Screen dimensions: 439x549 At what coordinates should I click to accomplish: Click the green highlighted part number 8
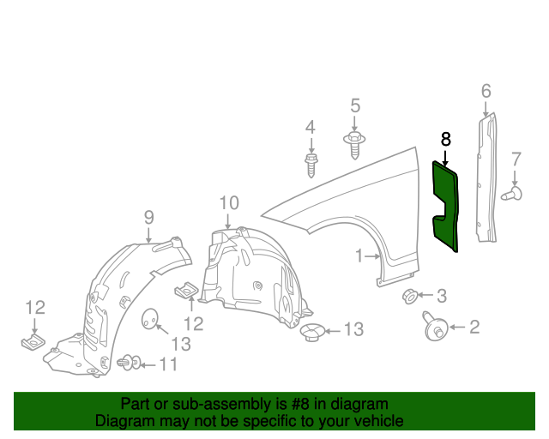[x=446, y=206]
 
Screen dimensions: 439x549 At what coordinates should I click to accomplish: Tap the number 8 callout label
[x=445, y=138]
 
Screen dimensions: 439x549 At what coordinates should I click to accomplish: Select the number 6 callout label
[x=486, y=91]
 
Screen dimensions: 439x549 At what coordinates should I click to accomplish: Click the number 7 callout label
[x=516, y=159]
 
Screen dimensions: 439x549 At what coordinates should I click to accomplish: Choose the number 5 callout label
[x=354, y=105]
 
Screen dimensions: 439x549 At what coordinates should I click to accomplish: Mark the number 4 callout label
[x=311, y=128]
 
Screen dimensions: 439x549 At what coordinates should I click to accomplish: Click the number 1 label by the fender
[x=361, y=256]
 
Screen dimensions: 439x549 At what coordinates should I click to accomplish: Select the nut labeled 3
[x=410, y=297]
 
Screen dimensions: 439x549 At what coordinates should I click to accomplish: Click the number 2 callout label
[x=474, y=326]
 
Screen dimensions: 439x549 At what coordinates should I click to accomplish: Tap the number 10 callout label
[x=227, y=203]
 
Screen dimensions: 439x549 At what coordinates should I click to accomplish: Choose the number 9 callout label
[x=148, y=216]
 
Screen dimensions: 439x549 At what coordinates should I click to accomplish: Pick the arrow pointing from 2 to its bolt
[x=455, y=326]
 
